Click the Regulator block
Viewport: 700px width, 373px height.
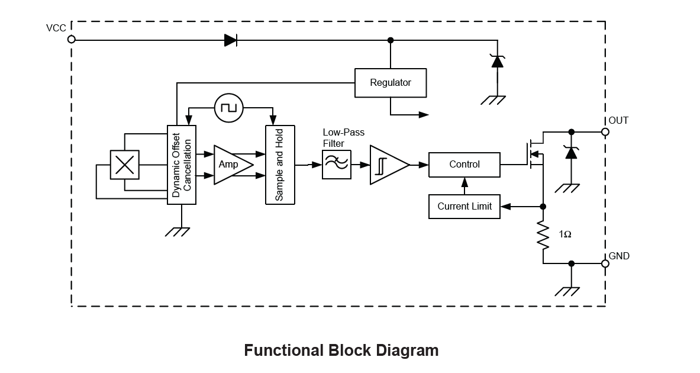tap(390, 83)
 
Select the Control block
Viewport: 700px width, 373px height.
tap(464, 165)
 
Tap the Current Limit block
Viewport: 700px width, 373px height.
tap(464, 207)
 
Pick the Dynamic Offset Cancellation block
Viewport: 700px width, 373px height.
tap(182, 165)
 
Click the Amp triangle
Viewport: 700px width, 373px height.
tap(231, 164)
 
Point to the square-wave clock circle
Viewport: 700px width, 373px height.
tap(229, 107)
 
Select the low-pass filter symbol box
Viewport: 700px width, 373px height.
tap(336, 165)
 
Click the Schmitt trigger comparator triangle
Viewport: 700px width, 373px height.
tap(387, 165)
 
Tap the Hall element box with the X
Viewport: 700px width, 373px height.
tap(125, 164)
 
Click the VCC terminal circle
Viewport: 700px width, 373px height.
tap(72, 39)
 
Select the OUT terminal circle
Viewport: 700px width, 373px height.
tap(605, 132)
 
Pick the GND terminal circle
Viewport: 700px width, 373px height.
tap(605, 263)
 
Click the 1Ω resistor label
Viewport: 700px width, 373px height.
tap(565, 234)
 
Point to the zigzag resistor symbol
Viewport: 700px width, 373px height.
tap(543, 235)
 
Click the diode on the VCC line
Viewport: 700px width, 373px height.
tap(231, 40)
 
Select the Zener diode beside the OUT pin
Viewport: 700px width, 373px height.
tap(571, 153)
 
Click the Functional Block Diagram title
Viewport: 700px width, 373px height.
tap(341, 351)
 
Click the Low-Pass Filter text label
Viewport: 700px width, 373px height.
tap(343, 138)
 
